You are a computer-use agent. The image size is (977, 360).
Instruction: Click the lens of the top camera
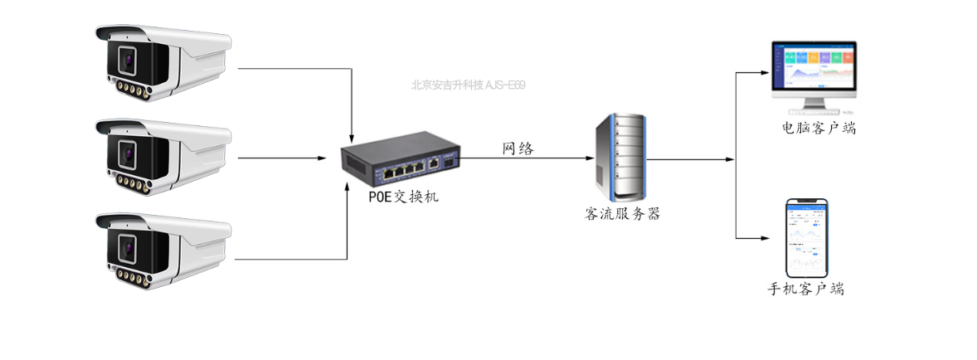(x=127, y=60)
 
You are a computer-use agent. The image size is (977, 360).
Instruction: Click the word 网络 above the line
(x=518, y=148)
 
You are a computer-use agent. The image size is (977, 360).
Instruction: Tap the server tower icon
(x=618, y=157)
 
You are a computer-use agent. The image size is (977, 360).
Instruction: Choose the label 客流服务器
(x=622, y=214)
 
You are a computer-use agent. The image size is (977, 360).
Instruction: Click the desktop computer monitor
(x=814, y=70)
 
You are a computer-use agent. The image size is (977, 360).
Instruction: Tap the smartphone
(x=807, y=238)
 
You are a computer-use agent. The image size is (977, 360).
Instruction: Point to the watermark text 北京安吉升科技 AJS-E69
(x=468, y=85)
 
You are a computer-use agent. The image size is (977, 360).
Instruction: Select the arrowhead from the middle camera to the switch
(x=323, y=158)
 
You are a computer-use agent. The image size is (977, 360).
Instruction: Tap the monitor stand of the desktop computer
(x=814, y=105)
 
